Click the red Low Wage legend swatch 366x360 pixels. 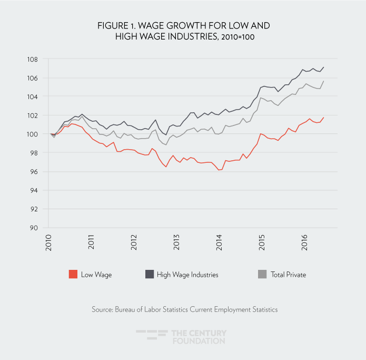(73, 274)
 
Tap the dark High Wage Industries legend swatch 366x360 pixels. (149, 274)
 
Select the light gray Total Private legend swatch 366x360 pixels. (262, 274)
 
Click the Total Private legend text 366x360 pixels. (288, 275)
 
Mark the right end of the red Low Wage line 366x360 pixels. (323, 117)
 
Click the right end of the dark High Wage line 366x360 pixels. (323, 67)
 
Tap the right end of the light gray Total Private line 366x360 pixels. (323, 81)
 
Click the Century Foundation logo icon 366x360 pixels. (151, 336)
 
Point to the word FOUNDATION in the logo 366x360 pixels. (199, 341)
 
